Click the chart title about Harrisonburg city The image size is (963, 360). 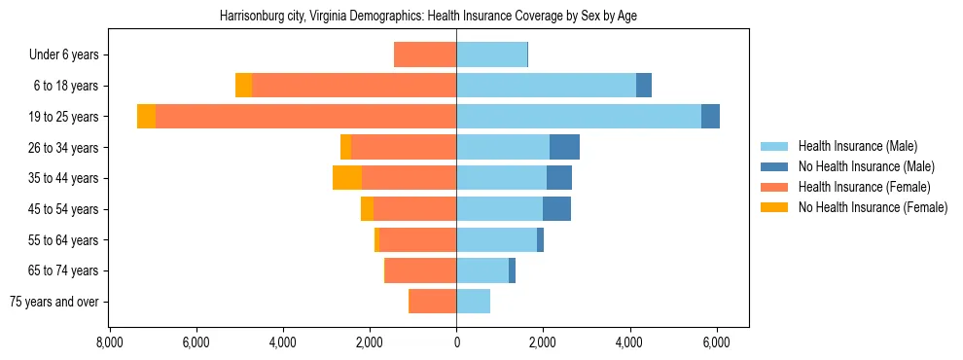click(x=429, y=17)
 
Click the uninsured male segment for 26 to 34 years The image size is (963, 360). click(x=564, y=147)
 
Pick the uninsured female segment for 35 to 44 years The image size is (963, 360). click(x=347, y=178)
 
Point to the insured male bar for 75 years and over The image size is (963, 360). click(x=473, y=302)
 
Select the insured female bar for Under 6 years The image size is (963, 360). click(x=425, y=54)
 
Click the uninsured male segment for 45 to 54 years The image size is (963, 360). click(x=556, y=209)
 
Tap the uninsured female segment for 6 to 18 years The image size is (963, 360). click(x=244, y=86)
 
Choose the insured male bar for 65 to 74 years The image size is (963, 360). click(x=482, y=270)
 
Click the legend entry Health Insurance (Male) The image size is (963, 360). click(x=856, y=146)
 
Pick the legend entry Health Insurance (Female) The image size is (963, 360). click(x=863, y=187)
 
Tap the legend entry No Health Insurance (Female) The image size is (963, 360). click(x=872, y=207)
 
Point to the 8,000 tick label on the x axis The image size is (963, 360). click(x=109, y=342)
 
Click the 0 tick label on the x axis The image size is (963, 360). click(x=456, y=342)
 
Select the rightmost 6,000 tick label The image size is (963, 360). click(x=717, y=342)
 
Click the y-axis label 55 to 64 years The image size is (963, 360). click(x=63, y=240)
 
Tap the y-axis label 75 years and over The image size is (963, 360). click(x=53, y=302)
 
